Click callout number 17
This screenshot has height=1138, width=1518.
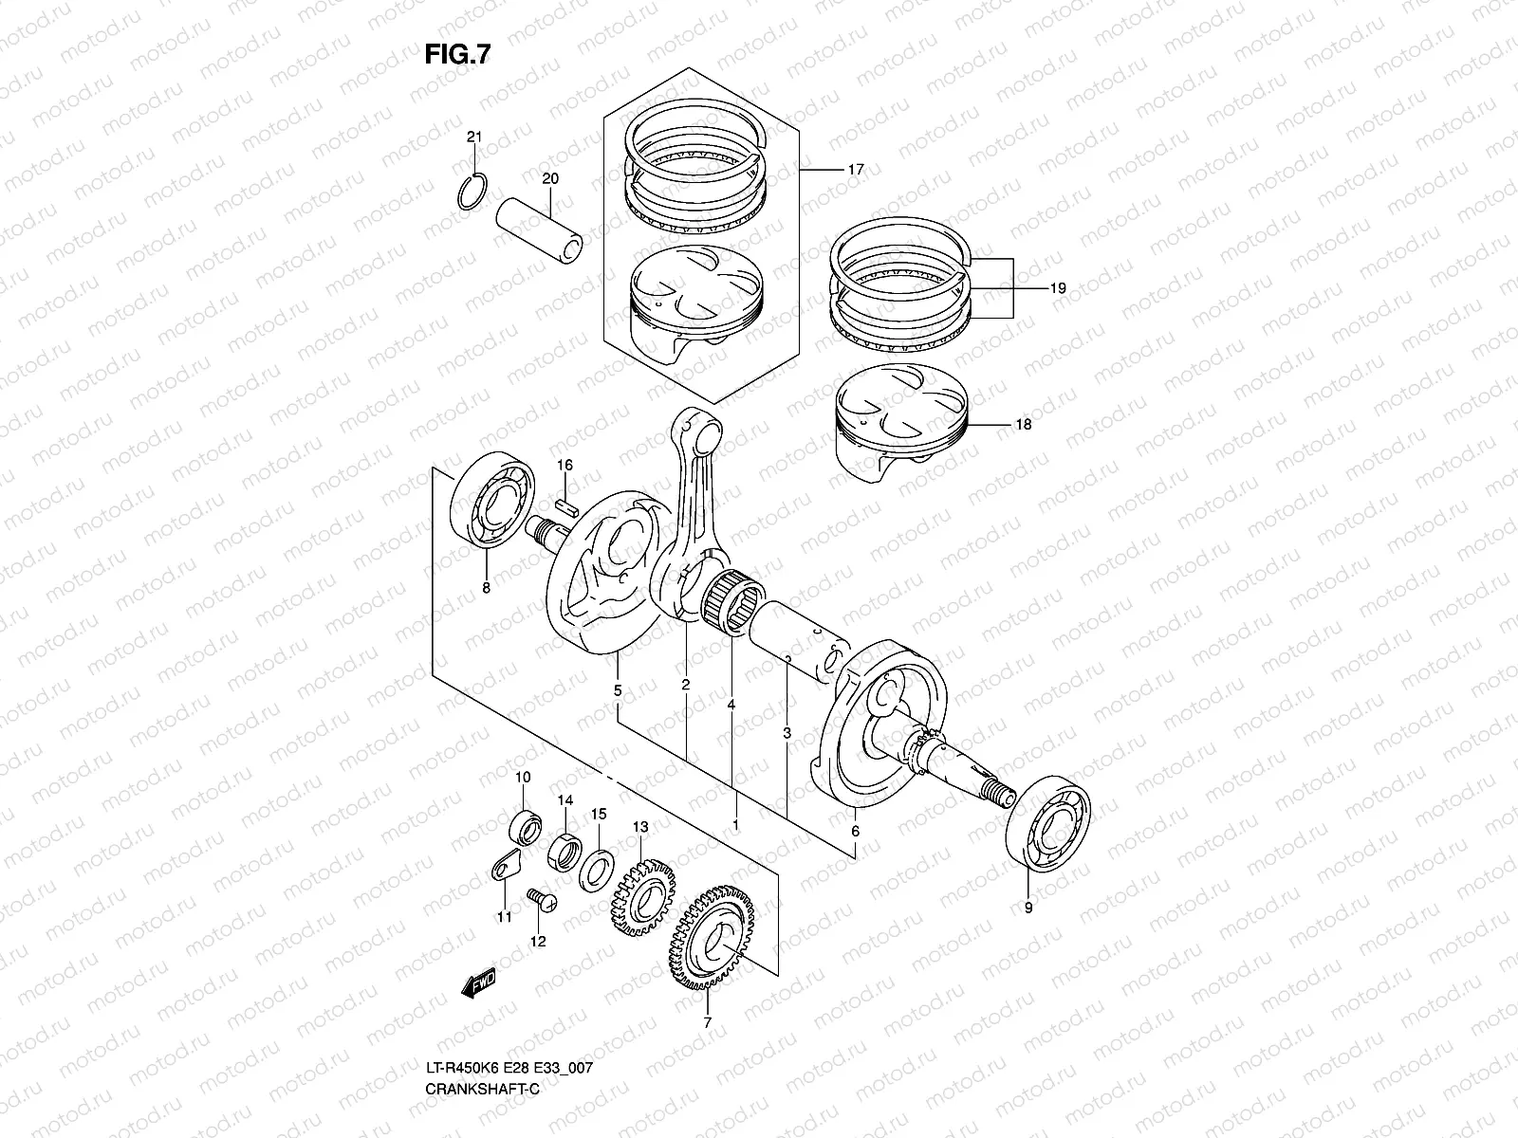(x=855, y=170)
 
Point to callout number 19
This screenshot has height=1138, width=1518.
(x=1058, y=287)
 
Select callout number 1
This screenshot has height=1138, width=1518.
(x=735, y=824)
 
